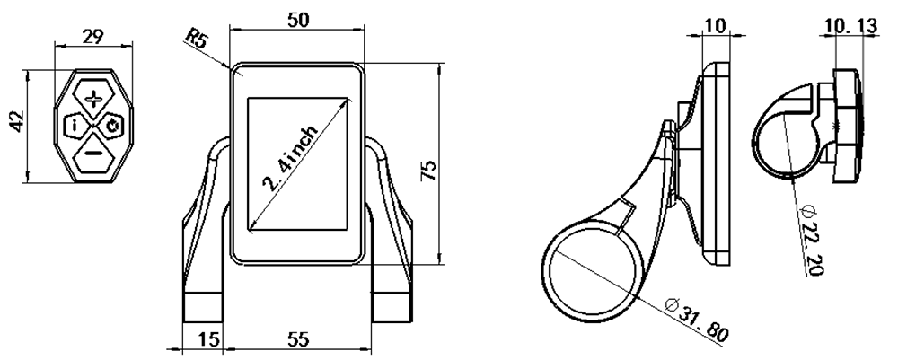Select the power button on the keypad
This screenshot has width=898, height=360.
(113, 126)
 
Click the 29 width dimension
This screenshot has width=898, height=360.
(92, 36)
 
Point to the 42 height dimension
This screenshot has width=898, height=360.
(17, 121)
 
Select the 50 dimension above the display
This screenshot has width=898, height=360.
(298, 20)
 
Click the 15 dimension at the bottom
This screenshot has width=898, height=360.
(210, 340)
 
